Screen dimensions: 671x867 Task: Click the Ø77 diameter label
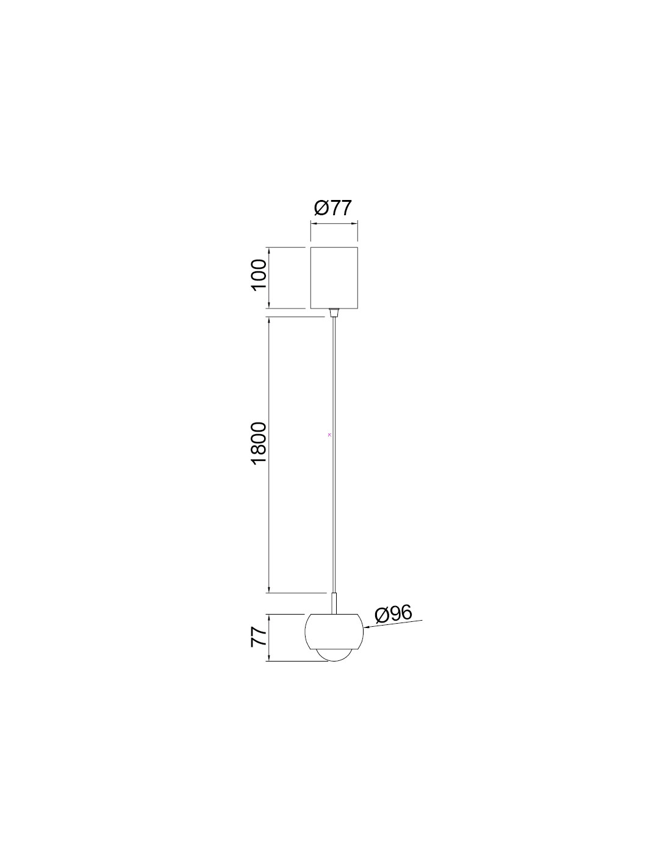pos(333,209)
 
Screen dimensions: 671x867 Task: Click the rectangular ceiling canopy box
pos(334,277)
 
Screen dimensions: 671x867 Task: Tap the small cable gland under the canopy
pos(334,312)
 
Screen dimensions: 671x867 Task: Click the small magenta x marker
pos(329,435)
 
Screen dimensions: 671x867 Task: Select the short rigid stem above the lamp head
pos(334,615)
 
